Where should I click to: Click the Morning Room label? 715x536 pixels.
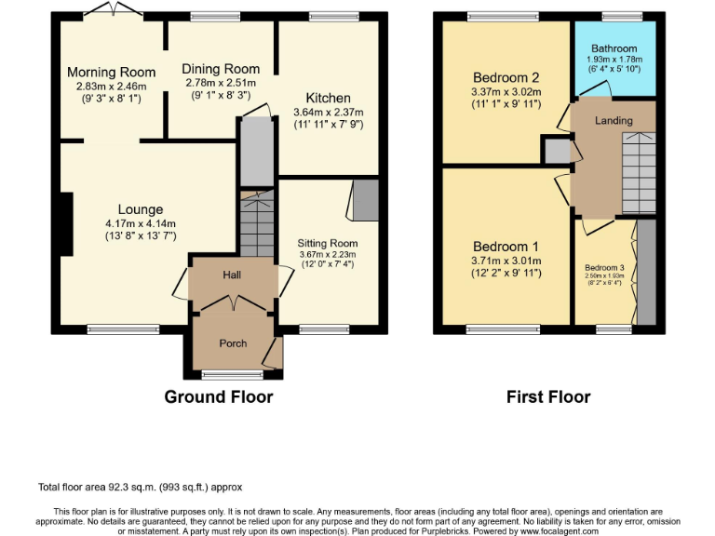[111, 73]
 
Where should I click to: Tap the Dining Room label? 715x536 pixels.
[220, 69]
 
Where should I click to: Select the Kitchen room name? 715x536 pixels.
[328, 98]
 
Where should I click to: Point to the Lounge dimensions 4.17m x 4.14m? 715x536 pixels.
[141, 223]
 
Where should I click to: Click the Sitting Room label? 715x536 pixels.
[328, 244]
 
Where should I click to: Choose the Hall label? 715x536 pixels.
[232, 276]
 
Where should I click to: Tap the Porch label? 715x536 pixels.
[233, 343]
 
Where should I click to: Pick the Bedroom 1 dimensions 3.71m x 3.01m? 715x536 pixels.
[506, 262]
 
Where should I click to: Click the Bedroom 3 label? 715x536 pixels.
[604, 268]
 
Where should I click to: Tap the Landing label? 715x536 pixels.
[614, 121]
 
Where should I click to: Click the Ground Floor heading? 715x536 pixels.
[219, 397]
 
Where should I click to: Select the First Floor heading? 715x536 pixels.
[548, 397]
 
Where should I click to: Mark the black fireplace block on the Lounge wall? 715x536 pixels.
[66, 222]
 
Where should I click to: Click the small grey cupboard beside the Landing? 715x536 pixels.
[557, 152]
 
